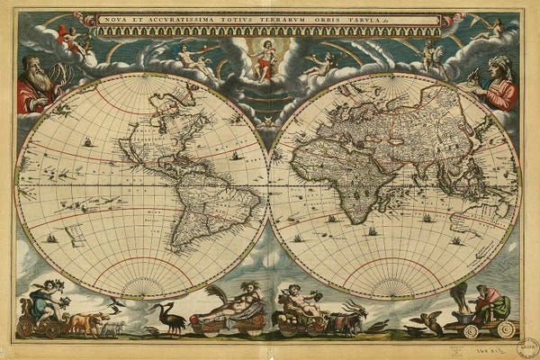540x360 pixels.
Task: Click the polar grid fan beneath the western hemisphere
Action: [141, 286]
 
